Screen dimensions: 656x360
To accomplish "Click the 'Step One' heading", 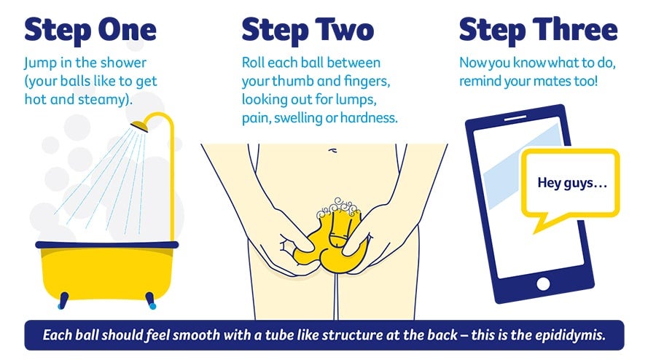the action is (x=90, y=31).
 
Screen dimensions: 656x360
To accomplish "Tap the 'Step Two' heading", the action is (x=308, y=31).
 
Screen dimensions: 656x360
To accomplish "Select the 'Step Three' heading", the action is (x=539, y=31).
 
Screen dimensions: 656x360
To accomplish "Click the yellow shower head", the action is (x=139, y=126).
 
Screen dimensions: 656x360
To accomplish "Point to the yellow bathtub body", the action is (x=107, y=272).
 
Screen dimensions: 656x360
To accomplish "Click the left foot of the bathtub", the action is (x=63, y=301).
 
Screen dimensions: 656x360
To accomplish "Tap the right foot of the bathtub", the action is (x=151, y=301).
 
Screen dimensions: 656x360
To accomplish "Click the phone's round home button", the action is (x=543, y=284).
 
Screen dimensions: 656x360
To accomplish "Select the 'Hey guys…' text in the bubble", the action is (x=572, y=183).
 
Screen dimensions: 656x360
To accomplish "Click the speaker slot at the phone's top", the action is (x=515, y=119).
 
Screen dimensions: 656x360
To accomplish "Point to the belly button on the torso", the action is (x=332, y=150).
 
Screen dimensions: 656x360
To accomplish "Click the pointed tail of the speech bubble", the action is (x=536, y=230).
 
